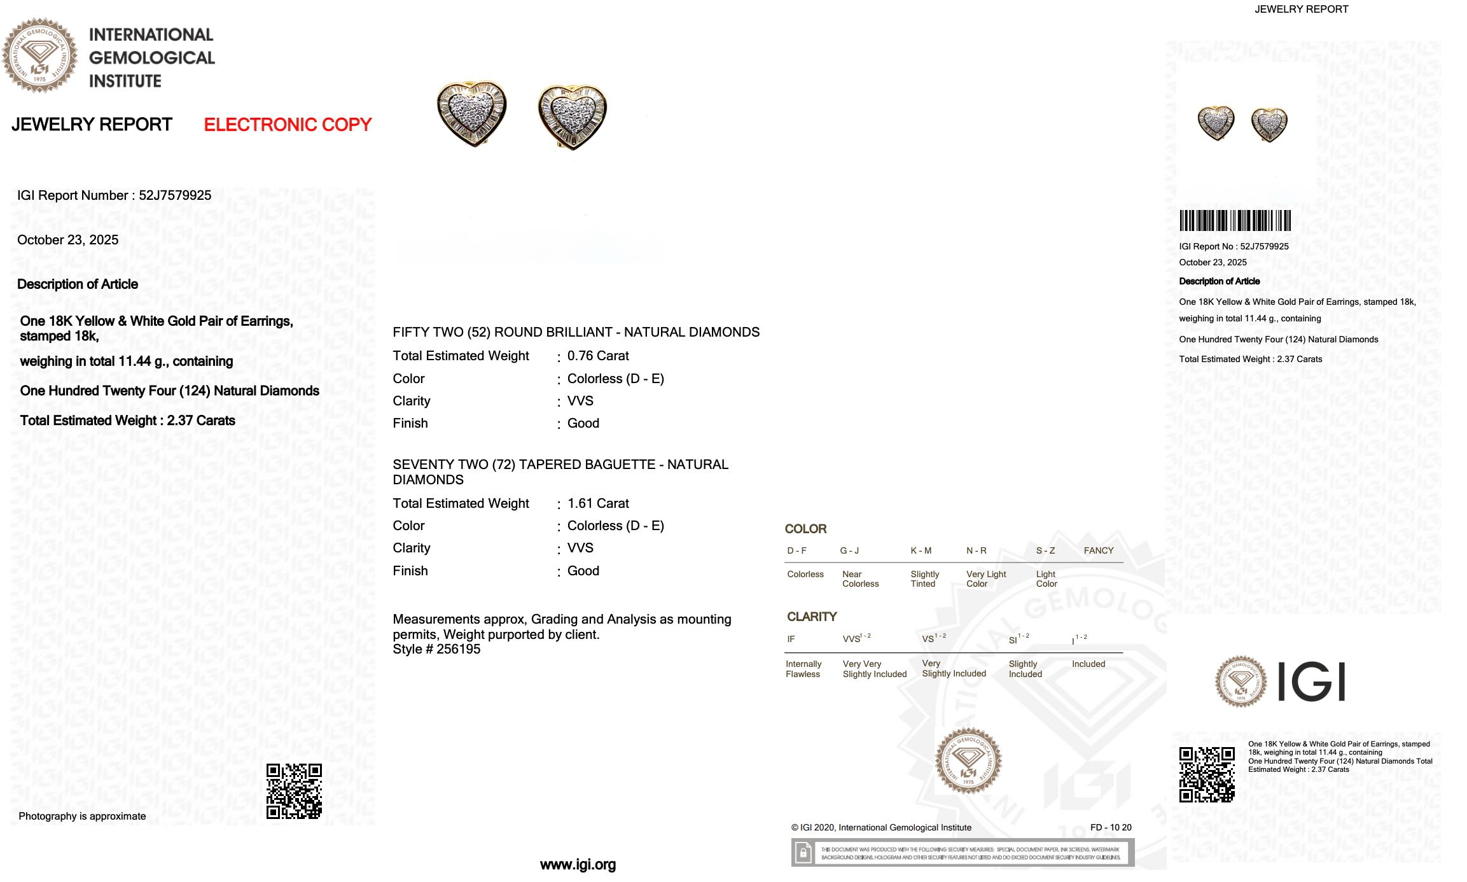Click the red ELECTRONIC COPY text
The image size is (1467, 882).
click(x=288, y=125)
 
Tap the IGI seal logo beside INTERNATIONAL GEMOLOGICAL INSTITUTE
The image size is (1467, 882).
click(x=39, y=56)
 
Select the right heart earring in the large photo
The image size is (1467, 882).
click(x=572, y=116)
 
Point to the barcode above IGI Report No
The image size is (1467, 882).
click(x=1235, y=221)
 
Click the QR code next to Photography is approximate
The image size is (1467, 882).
click(x=294, y=791)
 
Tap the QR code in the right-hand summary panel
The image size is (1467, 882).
click(x=1207, y=774)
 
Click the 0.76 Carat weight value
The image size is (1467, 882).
click(x=598, y=356)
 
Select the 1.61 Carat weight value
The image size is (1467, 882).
click(x=598, y=503)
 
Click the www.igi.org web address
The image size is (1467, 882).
click(x=578, y=865)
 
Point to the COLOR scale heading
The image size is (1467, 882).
click(x=805, y=529)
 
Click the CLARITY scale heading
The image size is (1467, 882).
click(x=812, y=617)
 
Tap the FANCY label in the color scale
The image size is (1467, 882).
click(x=1099, y=550)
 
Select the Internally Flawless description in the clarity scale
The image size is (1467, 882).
click(x=803, y=669)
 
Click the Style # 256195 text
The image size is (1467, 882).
click(x=436, y=649)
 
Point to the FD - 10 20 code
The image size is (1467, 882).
click(x=1111, y=827)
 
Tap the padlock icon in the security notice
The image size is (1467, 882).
click(x=803, y=853)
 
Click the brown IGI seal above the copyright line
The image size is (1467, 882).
click(x=968, y=760)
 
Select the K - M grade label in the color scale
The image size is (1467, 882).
click(x=921, y=550)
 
